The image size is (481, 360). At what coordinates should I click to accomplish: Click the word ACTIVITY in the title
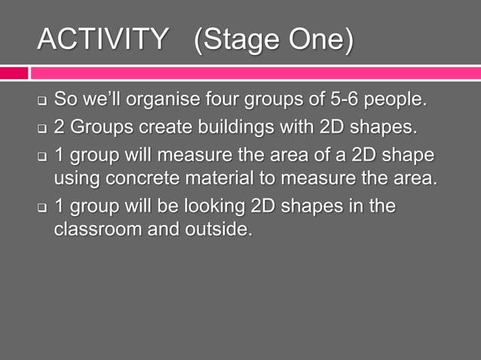point(103,40)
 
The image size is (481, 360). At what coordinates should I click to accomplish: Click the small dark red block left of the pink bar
point(14,73)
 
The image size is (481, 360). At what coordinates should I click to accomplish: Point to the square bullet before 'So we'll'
point(43,101)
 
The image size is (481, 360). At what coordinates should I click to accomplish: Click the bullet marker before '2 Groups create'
point(43,128)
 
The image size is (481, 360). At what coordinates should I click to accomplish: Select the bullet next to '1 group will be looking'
point(43,206)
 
